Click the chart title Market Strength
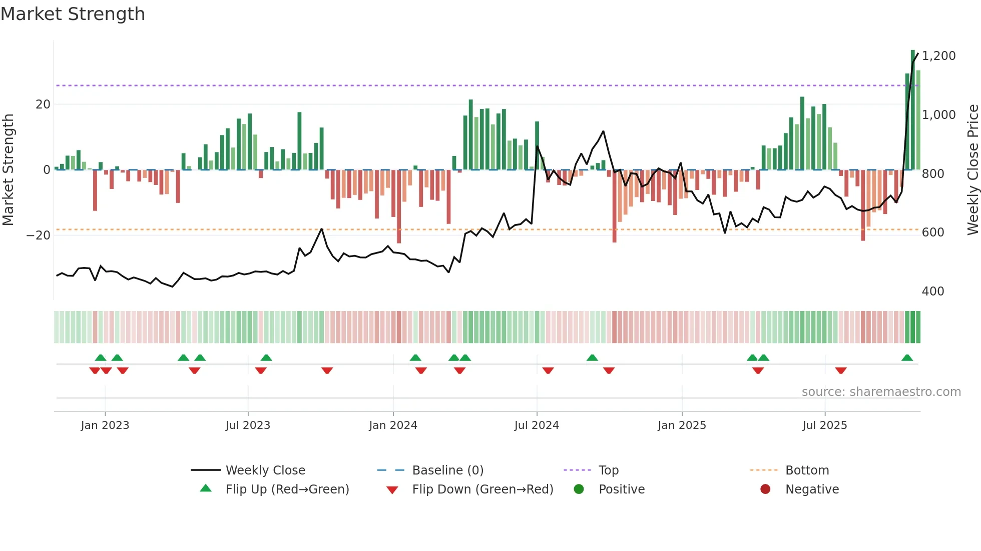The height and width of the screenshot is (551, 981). tap(73, 14)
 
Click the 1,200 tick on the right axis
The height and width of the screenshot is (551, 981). tap(938, 56)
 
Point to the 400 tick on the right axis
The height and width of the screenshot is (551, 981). tap(933, 291)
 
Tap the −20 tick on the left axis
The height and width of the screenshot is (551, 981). tap(39, 235)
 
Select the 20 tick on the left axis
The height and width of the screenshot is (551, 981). tap(43, 104)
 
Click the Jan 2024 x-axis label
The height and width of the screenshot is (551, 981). tap(393, 425)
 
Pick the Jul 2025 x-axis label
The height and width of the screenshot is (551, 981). tap(824, 425)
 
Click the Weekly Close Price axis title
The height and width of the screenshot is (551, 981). tap(972, 170)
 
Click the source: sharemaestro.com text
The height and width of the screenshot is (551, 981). tap(881, 392)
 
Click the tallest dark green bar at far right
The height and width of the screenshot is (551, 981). tap(913, 110)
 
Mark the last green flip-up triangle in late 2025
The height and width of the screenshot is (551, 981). tap(907, 358)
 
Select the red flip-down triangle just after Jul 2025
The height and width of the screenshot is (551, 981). tap(841, 370)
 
